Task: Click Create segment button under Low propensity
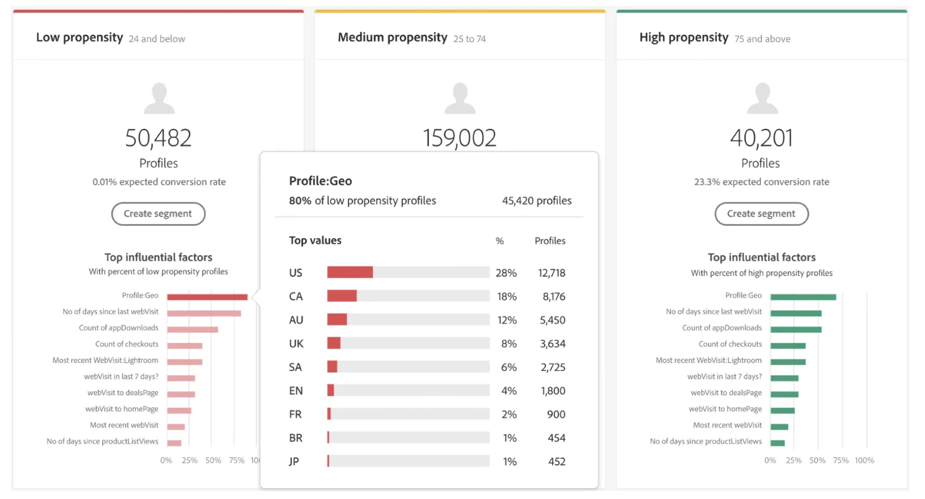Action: pyautogui.click(x=158, y=214)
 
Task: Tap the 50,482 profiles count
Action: pyautogui.click(x=158, y=138)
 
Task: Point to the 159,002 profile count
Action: pyautogui.click(x=459, y=138)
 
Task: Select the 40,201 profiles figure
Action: pyautogui.click(x=761, y=138)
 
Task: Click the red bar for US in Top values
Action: pyautogui.click(x=350, y=272)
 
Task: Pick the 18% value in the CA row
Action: pyautogui.click(x=506, y=296)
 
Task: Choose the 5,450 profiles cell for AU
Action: pyautogui.click(x=552, y=320)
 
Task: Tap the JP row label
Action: pyautogui.click(x=294, y=461)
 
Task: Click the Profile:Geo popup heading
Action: pyautogui.click(x=320, y=181)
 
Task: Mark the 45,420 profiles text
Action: pyautogui.click(x=536, y=200)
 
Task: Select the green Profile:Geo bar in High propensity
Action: pyautogui.click(x=803, y=297)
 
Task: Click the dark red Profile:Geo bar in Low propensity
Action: pyautogui.click(x=207, y=297)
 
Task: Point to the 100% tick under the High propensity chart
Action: pyautogui.click(x=864, y=460)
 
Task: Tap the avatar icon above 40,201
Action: pyautogui.click(x=762, y=98)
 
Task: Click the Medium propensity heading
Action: pyautogui.click(x=393, y=38)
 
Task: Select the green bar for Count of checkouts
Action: pyautogui.click(x=788, y=346)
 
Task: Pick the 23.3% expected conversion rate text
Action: pyautogui.click(x=761, y=182)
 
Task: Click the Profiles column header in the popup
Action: pyautogui.click(x=550, y=241)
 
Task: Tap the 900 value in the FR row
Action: pyautogui.click(x=556, y=414)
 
